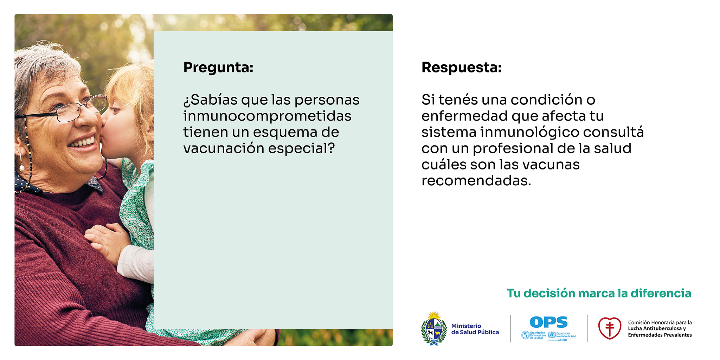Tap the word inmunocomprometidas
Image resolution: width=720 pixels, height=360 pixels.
pos(267,116)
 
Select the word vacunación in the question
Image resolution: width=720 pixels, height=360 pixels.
pos(224,148)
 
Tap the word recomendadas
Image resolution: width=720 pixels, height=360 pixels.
pos(476,181)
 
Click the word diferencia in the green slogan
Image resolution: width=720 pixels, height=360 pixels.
pos(661,293)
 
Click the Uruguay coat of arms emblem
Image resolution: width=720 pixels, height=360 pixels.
pos(434,328)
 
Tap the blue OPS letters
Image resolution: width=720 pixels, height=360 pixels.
pos(548,322)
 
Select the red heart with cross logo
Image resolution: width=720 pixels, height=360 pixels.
pos(610,328)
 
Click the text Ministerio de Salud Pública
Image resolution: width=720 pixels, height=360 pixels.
pos(475,329)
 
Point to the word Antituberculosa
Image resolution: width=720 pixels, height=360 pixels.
pos(662,328)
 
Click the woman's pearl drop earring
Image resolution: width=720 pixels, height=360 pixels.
pos(22,168)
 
